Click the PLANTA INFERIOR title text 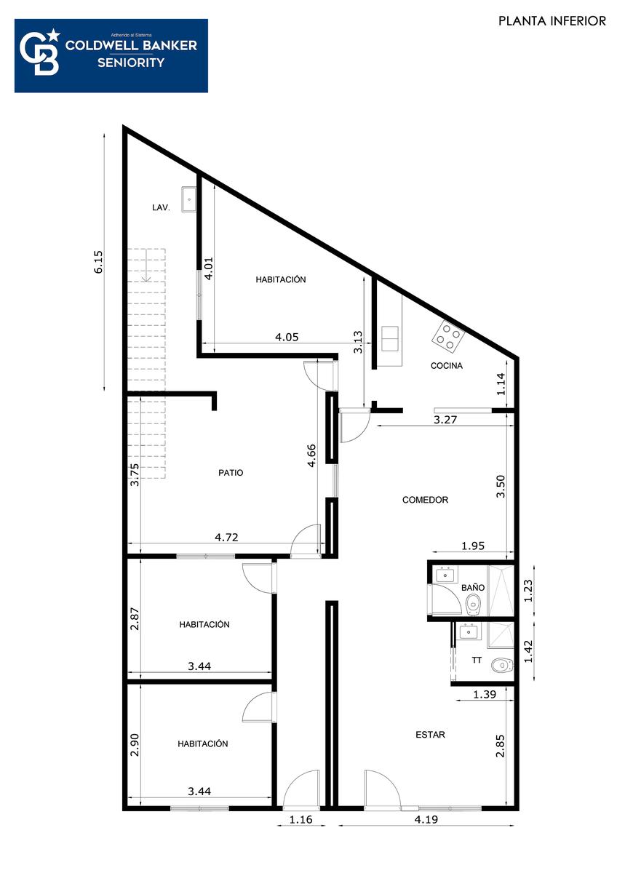pos(552,20)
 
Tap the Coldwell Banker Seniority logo pos(111,56)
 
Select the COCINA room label pos(446,365)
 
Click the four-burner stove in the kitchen pos(448,335)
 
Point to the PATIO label pos(231,473)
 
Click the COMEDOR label pos(425,500)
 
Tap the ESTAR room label pos(430,735)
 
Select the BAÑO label pos(473,587)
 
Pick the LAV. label pos(161,208)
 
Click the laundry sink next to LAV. pos(189,199)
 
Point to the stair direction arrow pos(146,266)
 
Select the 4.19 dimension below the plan pos(426,819)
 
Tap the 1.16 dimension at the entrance pos(301,819)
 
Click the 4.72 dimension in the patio pos(226,537)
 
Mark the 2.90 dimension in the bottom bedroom pos(135,745)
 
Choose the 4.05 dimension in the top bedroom pos(287,337)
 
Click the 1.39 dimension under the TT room pos(485,694)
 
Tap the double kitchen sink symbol pos(390,339)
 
